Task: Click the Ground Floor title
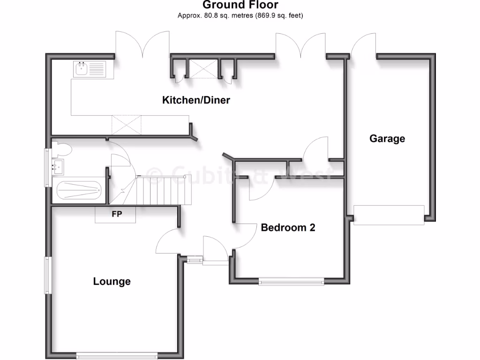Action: pyautogui.click(x=240, y=5)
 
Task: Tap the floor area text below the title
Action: pyautogui.click(x=240, y=15)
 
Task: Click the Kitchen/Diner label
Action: pyautogui.click(x=196, y=100)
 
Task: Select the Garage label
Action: pyautogui.click(x=387, y=139)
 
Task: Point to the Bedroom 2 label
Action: pyautogui.click(x=288, y=228)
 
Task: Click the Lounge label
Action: pyautogui.click(x=112, y=281)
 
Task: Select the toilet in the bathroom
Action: pyautogui.click(x=62, y=150)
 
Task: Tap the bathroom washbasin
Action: pyautogui.click(x=58, y=165)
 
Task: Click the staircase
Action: pyautogui.click(x=164, y=190)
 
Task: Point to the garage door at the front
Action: pyautogui.click(x=389, y=215)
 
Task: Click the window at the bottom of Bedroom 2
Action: pyautogui.click(x=291, y=282)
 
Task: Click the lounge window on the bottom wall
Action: pyautogui.click(x=117, y=355)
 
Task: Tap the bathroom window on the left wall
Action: pyautogui.click(x=47, y=167)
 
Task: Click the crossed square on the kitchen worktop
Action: pyautogui.click(x=126, y=125)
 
